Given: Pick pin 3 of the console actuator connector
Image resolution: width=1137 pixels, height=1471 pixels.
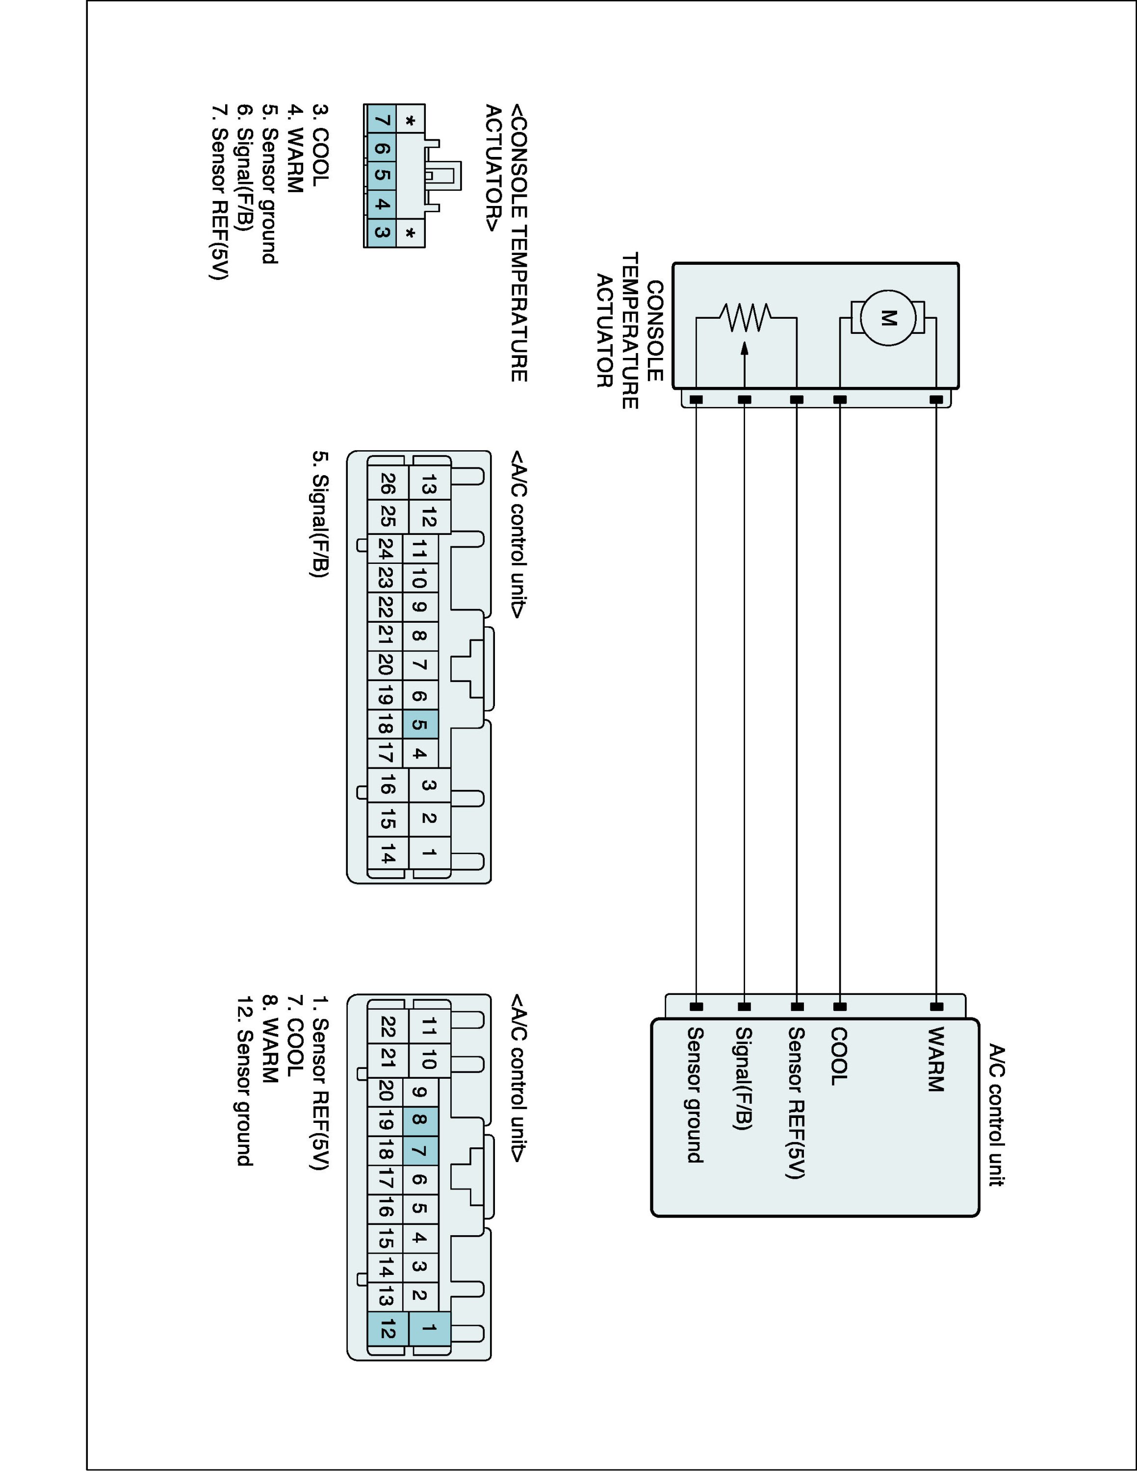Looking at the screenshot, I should click(x=381, y=233).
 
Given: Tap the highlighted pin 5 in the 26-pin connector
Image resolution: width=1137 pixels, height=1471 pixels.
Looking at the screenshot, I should click(x=420, y=725).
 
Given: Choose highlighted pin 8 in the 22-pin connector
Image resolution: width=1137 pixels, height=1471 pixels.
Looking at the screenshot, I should click(x=420, y=1119).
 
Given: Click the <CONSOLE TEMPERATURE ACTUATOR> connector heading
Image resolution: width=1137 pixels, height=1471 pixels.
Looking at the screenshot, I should click(x=507, y=243).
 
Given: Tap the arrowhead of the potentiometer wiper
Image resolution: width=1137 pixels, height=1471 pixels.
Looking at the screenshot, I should click(x=744, y=348).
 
